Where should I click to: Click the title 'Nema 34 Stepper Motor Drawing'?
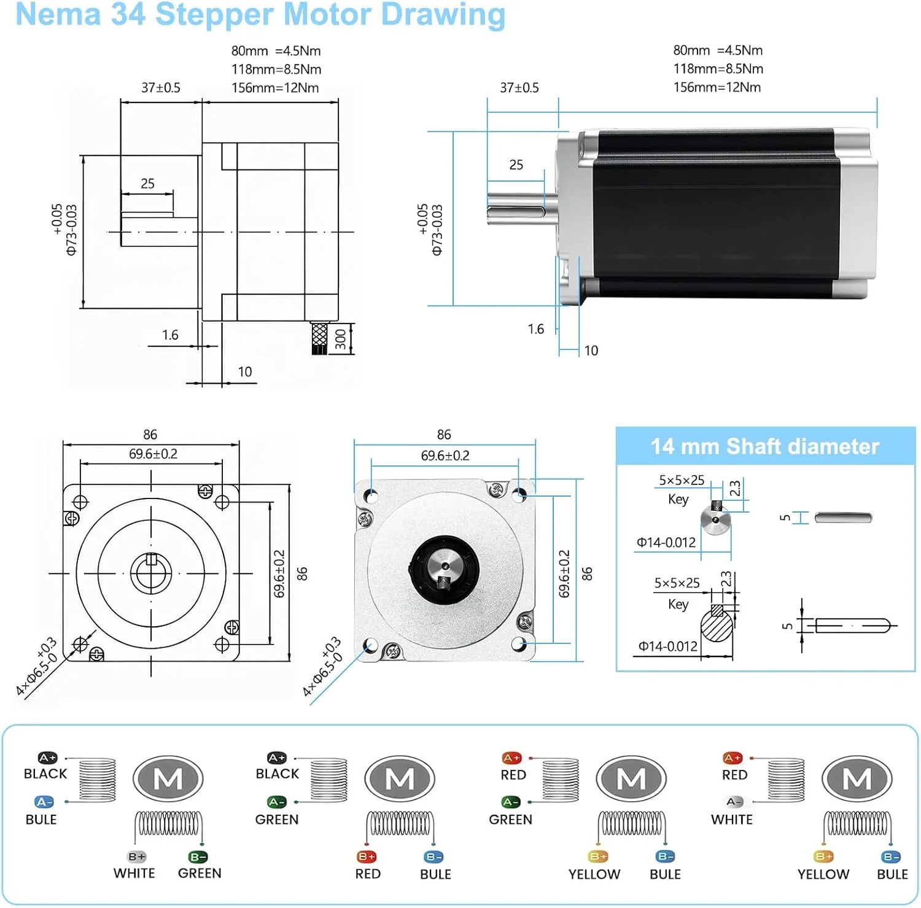pos(260,15)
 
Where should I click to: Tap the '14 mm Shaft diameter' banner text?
pos(764,446)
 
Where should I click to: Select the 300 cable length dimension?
pos(341,339)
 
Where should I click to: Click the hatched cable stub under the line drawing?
pos(319,338)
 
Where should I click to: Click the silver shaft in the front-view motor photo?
pos(443,565)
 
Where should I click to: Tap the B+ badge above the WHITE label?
pos(136,856)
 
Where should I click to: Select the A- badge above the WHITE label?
pos(734,802)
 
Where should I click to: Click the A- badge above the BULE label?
pos(44,802)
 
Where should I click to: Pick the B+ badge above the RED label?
pos(366,856)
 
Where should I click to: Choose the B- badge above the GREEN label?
pos(198,856)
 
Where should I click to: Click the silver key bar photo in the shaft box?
pos(843,518)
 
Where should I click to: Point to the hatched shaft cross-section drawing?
pos(717,626)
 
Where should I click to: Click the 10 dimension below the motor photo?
pos(591,351)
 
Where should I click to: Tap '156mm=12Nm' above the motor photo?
pos(717,87)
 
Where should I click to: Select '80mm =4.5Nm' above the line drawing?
pos(276,51)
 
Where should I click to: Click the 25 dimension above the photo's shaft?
pos(516,165)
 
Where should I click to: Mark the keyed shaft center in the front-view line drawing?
pos(150,573)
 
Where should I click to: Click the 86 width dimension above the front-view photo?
pos(444,435)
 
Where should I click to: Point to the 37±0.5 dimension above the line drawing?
pos(161,88)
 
